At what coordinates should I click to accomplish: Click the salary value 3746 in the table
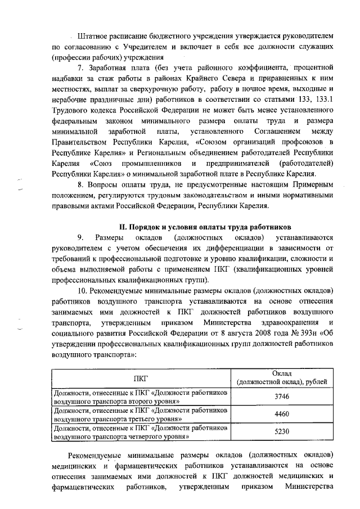(x=281, y=396)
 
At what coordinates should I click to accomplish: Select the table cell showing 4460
(x=281, y=415)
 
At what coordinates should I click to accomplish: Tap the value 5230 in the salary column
(x=281, y=431)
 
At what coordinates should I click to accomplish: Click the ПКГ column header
(x=141, y=378)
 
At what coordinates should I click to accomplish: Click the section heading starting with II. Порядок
(x=202, y=227)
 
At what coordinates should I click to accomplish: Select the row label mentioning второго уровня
(x=141, y=396)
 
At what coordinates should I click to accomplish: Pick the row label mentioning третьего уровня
(x=141, y=415)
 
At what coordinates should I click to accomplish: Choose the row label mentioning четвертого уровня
(x=141, y=431)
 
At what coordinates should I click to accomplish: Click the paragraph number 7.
(x=81, y=68)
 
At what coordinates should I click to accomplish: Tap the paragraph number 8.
(x=81, y=184)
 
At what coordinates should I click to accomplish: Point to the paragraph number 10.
(x=83, y=291)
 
